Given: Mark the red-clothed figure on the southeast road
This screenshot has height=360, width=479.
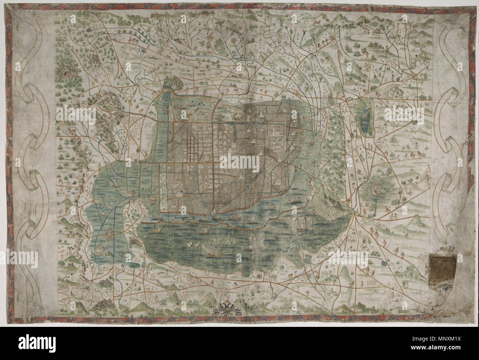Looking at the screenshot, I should click(384, 242).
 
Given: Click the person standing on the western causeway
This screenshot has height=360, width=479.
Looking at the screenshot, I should click(168, 109).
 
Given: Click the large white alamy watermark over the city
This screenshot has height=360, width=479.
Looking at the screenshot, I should click(239, 162).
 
